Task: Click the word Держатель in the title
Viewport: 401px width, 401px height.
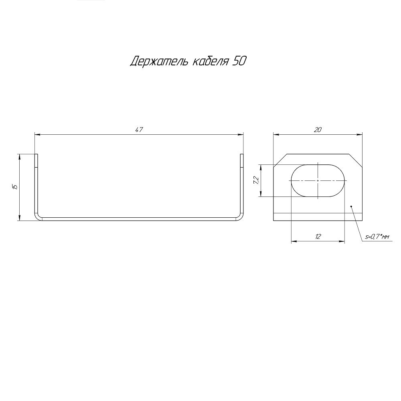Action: coord(159,61)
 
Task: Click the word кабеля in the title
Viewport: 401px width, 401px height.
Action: coord(210,61)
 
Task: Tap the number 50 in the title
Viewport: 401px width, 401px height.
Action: coord(239,61)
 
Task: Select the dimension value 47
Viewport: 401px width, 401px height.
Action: coord(139,130)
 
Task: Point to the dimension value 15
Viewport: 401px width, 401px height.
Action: coord(15,187)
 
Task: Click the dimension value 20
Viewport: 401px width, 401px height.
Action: coord(318,130)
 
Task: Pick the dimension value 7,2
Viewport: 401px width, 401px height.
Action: coord(256,180)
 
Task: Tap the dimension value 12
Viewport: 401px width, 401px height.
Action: coord(318,237)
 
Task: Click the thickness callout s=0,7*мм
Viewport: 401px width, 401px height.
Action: coord(377,237)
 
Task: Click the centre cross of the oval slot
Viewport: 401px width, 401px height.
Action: coord(318,180)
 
